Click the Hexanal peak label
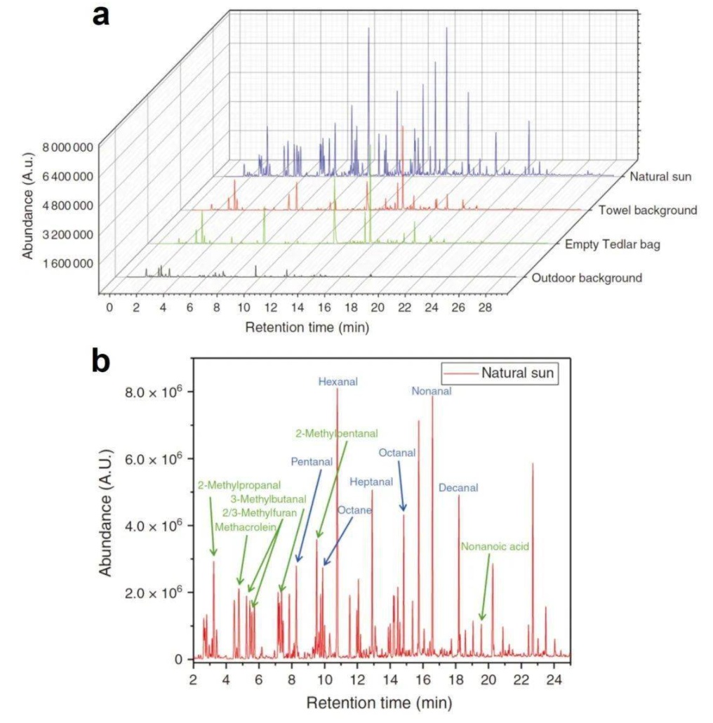(x=338, y=382)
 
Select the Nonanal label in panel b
(x=431, y=391)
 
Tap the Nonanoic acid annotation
(x=494, y=545)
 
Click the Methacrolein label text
(x=245, y=526)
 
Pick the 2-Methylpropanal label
(x=239, y=485)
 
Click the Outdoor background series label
(x=587, y=278)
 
